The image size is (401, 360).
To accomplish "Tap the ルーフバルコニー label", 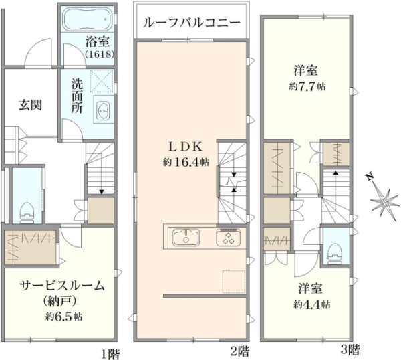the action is [192, 23].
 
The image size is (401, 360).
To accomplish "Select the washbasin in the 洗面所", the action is [104, 110].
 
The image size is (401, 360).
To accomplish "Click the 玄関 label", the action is [31, 105].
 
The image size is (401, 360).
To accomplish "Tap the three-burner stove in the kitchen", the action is [229, 238].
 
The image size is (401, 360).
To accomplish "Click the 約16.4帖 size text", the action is [186, 162].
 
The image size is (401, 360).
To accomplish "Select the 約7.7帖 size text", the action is [307, 87].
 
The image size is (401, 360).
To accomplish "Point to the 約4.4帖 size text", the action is [311, 304].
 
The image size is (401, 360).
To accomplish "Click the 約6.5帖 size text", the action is [63, 317].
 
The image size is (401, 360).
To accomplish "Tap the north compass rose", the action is [384, 201].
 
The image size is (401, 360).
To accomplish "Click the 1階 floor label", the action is [110, 355].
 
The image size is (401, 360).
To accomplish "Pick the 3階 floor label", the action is [350, 349].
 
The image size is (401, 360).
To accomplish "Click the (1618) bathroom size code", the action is [100, 55].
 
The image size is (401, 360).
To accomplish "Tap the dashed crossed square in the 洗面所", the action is [102, 81].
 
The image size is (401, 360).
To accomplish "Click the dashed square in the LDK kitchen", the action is [234, 282].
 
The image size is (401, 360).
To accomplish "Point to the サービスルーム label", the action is [63, 286].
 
